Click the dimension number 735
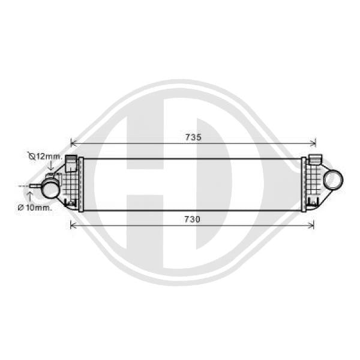click(x=193, y=137)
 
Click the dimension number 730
click(x=193, y=219)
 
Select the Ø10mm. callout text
click(x=35, y=208)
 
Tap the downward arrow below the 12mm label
click(x=51, y=166)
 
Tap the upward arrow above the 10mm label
click(x=29, y=197)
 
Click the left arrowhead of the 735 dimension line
click(x=73, y=143)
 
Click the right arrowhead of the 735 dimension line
click(x=313, y=143)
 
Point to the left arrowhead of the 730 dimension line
click(x=73, y=225)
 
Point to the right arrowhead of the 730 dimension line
click(x=311, y=225)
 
